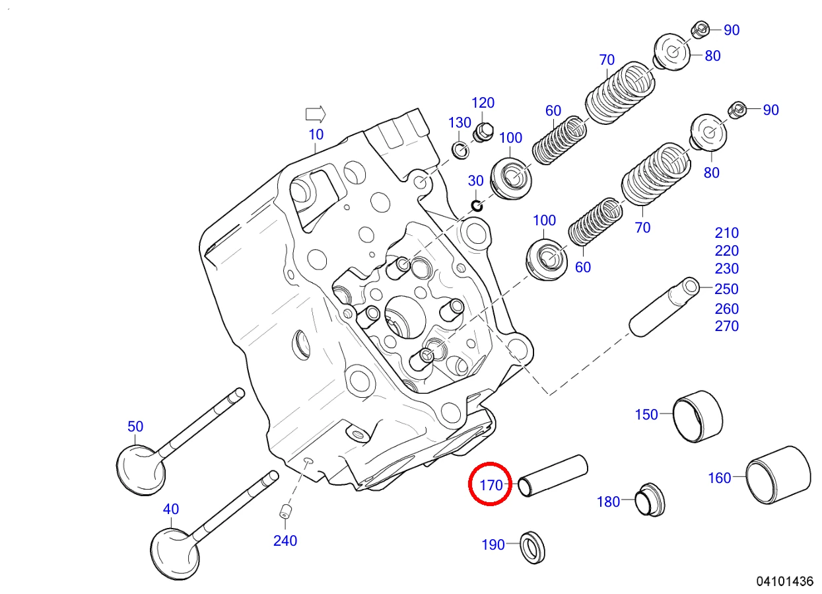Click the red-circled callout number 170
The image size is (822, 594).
(x=491, y=486)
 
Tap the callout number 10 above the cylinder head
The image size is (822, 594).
(x=316, y=134)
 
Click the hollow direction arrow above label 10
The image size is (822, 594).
(x=316, y=114)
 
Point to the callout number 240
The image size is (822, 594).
(x=285, y=540)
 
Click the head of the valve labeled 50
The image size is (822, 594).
(x=141, y=470)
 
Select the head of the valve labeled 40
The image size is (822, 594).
(x=175, y=554)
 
